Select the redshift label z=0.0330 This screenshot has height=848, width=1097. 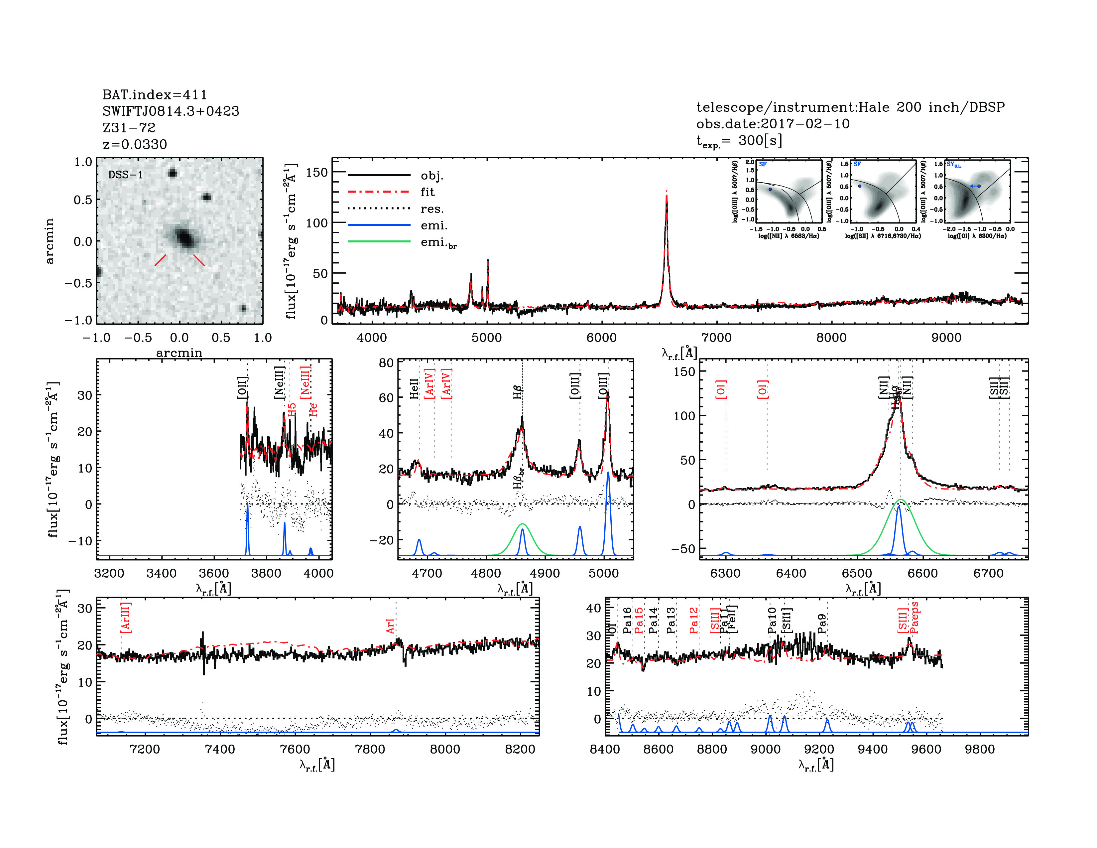pyautogui.click(x=135, y=144)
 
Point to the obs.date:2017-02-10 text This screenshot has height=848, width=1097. pyautogui.click(x=773, y=124)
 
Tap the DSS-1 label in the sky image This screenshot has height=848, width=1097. pyautogui.click(x=126, y=175)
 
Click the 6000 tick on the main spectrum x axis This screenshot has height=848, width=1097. pyautogui.click(x=601, y=338)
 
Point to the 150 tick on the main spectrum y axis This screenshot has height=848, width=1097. pyautogui.click(x=316, y=172)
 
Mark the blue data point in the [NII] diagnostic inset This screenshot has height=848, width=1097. pyautogui.click(x=770, y=189)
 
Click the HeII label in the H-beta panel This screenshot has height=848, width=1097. pyautogui.click(x=414, y=389)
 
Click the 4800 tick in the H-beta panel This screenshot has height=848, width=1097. pyautogui.click(x=486, y=573)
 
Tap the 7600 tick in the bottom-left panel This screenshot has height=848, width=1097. pyautogui.click(x=295, y=749)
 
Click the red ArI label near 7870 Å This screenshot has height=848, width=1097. pyautogui.click(x=390, y=626)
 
